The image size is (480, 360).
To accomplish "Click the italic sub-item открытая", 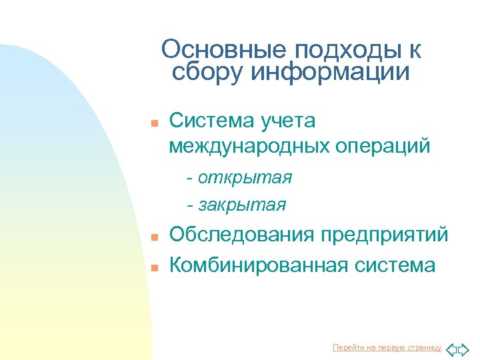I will click(245, 178).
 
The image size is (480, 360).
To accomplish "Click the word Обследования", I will click(242, 235).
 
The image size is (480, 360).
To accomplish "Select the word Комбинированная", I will click(258, 265).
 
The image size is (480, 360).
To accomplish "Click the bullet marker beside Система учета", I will click(153, 123).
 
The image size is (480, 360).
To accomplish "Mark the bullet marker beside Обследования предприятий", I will click(153, 237).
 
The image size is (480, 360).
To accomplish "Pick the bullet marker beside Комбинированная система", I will click(153, 267).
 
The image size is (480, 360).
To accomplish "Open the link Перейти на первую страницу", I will click(387, 347).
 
